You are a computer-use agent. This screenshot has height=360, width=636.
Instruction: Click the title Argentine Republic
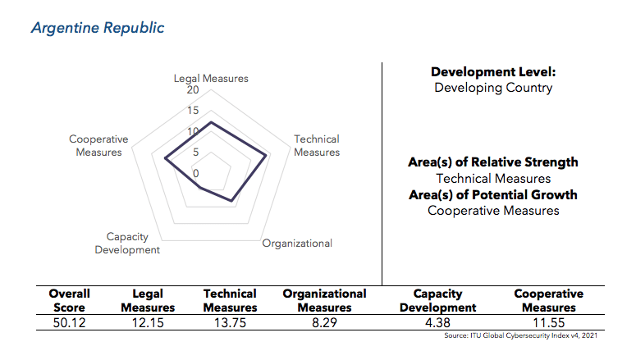pos(98,28)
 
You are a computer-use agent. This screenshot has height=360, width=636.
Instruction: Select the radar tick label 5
pos(195,153)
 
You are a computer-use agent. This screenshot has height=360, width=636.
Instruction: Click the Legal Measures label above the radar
pos(211,79)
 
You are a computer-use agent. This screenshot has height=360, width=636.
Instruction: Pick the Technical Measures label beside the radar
pos(317,146)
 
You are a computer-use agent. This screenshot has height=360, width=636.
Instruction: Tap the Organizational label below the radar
pos(297,244)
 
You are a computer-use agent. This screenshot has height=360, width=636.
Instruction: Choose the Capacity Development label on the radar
pos(127,244)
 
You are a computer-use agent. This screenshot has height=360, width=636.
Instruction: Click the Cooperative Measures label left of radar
pos(98,146)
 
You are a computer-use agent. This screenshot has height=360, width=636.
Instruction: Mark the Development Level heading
pos(493,73)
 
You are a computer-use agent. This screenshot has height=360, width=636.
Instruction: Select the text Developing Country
pos(493,88)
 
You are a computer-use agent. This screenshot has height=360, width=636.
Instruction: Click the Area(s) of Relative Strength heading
pos(493,162)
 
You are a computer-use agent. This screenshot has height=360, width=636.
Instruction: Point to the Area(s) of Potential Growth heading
pos(493,195)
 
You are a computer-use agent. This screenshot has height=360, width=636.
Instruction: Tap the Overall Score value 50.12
pos(69,323)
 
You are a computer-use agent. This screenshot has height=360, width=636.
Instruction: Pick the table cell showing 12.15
pos(148,323)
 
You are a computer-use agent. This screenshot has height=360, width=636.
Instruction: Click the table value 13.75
pos(230,323)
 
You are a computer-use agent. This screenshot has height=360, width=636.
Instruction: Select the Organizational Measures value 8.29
pos(324,323)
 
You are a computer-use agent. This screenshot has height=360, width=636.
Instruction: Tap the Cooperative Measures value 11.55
pos(548,323)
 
